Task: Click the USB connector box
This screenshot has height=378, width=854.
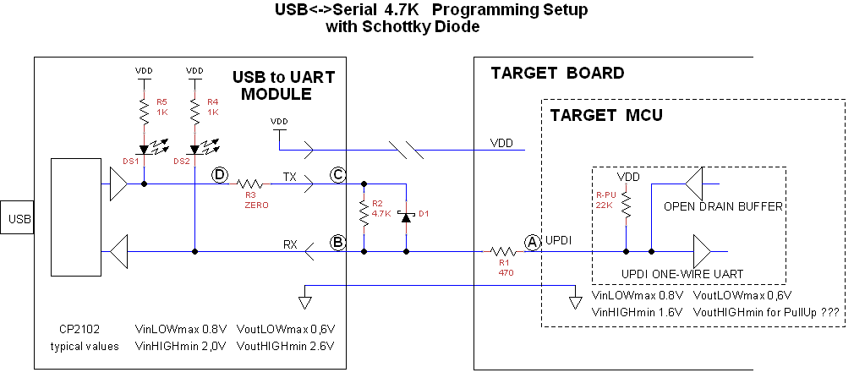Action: (x=18, y=220)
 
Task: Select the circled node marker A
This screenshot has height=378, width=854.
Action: (x=533, y=242)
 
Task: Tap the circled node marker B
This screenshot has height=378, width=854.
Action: (x=337, y=243)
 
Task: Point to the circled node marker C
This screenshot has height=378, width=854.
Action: (x=337, y=175)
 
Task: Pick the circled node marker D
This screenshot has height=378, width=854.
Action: (x=220, y=175)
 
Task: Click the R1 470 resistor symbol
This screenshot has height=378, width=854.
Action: (x=503, y=250)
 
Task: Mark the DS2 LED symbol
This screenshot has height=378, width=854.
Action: (x=194, y=150)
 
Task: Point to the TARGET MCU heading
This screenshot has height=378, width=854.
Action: (x=606, y=115)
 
